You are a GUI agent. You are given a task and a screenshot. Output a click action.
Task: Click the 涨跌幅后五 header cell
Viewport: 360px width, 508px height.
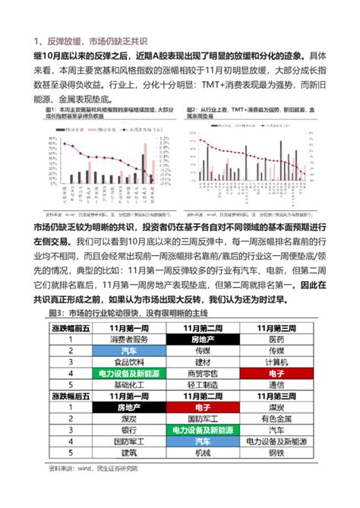64,396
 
